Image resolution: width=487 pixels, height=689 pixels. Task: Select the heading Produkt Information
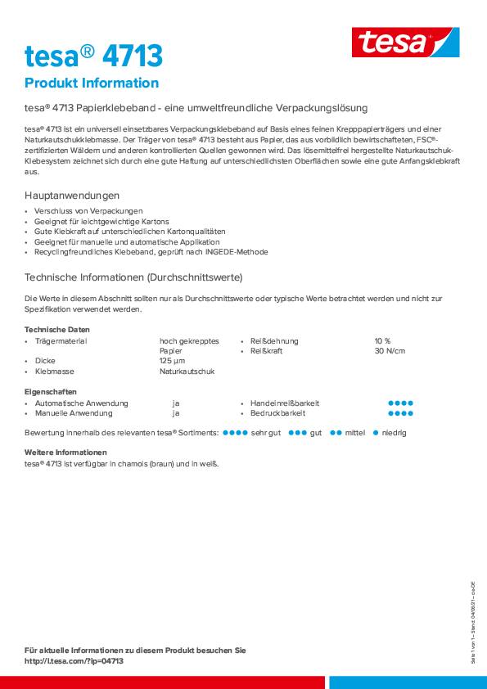coord(92,83)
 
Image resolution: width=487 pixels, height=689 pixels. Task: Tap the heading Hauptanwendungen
coord(72,196)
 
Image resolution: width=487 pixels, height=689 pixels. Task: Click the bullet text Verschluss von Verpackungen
coord(88,211)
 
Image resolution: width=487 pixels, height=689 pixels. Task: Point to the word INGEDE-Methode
coord(237,253)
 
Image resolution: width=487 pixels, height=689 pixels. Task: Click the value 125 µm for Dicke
coord(172,361)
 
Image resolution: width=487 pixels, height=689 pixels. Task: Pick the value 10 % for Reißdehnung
coord(382,340)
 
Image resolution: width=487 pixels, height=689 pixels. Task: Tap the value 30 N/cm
coord(390,351)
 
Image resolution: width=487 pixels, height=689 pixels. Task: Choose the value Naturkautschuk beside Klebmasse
coord(187,372)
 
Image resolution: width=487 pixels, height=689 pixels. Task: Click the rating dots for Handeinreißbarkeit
coord(399,403)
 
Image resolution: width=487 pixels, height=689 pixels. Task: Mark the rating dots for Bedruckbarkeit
coord(399,414)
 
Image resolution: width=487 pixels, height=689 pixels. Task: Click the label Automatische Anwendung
coord(82,403)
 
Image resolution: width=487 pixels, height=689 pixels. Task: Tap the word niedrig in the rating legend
coord(394,432)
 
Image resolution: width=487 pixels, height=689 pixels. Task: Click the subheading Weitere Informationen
coord(65,453)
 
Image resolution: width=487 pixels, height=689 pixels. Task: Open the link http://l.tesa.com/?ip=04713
coord(74,661)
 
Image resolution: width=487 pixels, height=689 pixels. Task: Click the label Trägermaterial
coord(61,340)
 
